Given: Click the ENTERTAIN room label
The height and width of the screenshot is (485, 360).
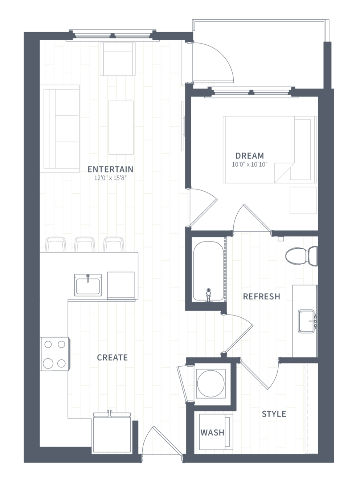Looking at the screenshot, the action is [x=110, y=169].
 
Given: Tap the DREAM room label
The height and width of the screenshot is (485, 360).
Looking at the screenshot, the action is [x=250, y=156].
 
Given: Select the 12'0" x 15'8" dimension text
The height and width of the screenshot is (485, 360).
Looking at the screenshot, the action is [x=110, y=178].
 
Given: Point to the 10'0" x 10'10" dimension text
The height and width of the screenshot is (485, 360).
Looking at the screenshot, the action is [x=250, y=164].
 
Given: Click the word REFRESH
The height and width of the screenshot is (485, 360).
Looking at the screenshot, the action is [x=262, y=297].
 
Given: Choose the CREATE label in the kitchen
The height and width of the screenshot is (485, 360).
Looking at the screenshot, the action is [x=112, y=358].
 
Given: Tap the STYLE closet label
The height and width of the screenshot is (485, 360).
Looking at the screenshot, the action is [x=274, y=414].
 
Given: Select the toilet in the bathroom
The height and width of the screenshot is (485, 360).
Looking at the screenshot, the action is [x=302, y=256].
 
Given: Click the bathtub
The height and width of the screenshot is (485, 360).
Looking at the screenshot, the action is [x=209, y=271].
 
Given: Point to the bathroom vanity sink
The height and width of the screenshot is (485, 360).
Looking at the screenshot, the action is [x=306, y=321].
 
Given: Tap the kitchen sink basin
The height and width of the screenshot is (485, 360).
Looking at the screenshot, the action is [x=88, y=285].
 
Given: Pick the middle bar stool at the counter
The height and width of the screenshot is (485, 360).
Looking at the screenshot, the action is [x=85, y=244].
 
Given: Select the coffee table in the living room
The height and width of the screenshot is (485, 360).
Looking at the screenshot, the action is [x=121, y=127].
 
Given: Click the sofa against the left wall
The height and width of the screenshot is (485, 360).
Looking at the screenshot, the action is [x=60, y=129].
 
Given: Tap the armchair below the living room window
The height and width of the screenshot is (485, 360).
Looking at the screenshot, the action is [x=118, y=59].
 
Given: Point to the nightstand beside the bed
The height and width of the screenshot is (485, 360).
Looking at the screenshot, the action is [x=303, y=200].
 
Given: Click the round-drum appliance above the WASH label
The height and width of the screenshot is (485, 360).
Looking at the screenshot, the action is [x=211, y=384].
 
